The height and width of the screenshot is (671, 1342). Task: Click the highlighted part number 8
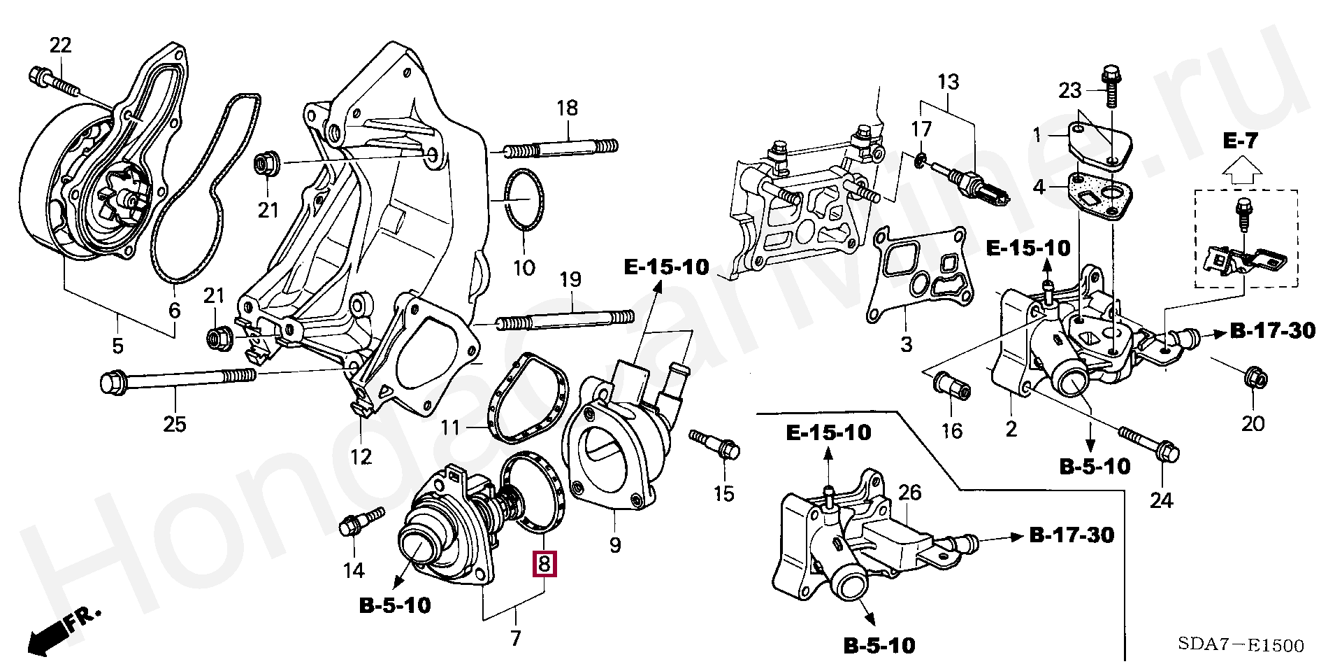coord(544,564)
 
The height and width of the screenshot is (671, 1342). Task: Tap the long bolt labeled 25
coord(178,380)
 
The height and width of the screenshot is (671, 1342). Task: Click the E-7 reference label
coord(1241,141)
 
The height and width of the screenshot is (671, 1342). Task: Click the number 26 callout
coord(910,493)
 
